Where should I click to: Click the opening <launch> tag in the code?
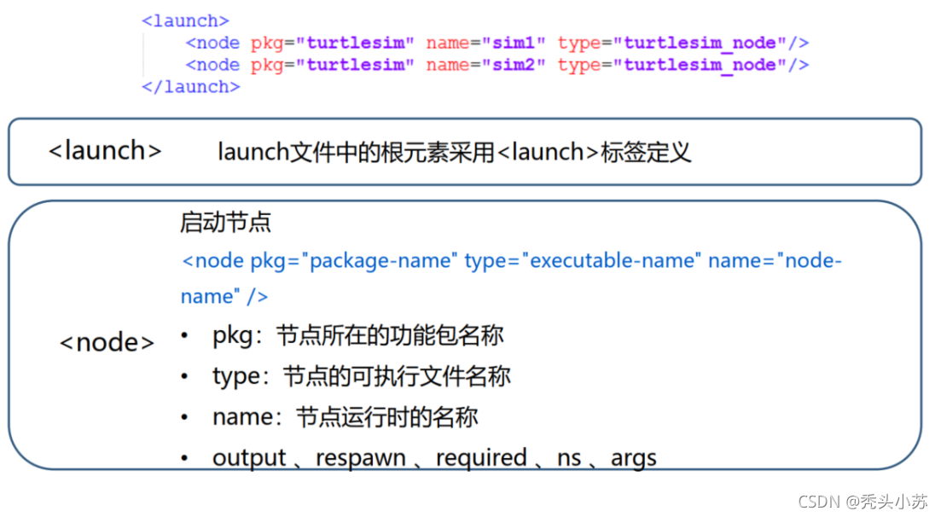pyautogui.click(x=185, y=21)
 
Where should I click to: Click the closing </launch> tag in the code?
pyautogui.click(x=191, y=87)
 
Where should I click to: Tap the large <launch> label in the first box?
pyautogui.click(x=105, y=151)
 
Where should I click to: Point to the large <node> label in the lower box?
pyautogui.click(x=107, y=342)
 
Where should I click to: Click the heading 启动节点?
pyautogui.click(x=225, y=222)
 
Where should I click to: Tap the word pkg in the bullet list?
pyautogui.click(x=233, y=336)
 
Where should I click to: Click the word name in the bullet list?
pyautogui.click(x=243, y=417)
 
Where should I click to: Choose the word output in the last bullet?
pyautogui.click(x=249, y=458)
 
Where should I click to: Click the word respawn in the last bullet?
pyautogui.click(x=361, y=458)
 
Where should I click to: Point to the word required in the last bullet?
pyautogui.click(x=481, y=458)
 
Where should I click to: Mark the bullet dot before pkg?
pyautogui.click(x=185, y=335)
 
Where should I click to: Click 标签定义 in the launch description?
pyautogui.click(x=646, y=153)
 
